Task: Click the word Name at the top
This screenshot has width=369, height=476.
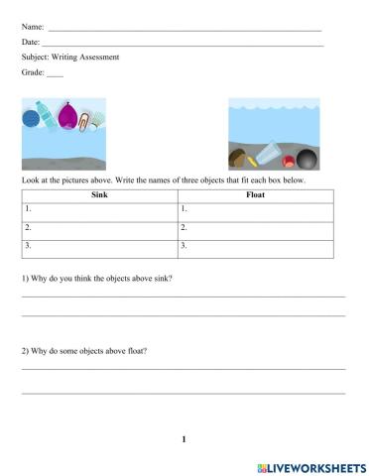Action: [x=32, y=27]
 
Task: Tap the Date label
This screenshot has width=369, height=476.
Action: [x=30, y=43]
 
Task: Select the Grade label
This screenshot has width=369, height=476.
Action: [x=32, y=72]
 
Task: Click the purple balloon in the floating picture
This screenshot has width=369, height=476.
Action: [x=67, y=117]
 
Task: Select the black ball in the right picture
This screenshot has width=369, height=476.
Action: [x=307, y=159]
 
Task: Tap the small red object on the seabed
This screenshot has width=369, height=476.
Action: [x=287, y=159]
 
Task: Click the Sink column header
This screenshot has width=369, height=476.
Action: [x=98, y=195]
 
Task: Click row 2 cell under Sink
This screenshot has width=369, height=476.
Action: [x=98, y=227]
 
